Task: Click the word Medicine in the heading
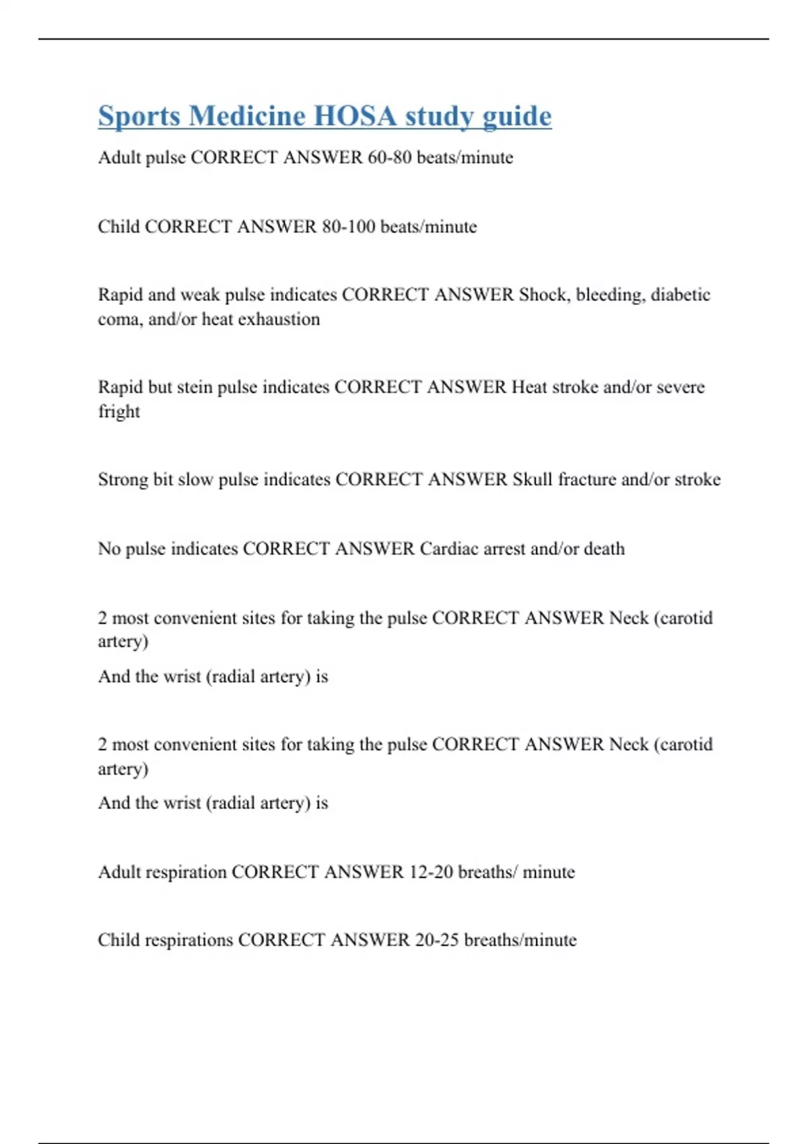[247, 116]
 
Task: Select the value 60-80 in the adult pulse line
[390, 157]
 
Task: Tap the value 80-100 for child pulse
[348, 227]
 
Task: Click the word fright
[119, 412]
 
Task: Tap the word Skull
[533, 480]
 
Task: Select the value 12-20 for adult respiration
[431, 872]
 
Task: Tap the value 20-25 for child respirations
[437, 940]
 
